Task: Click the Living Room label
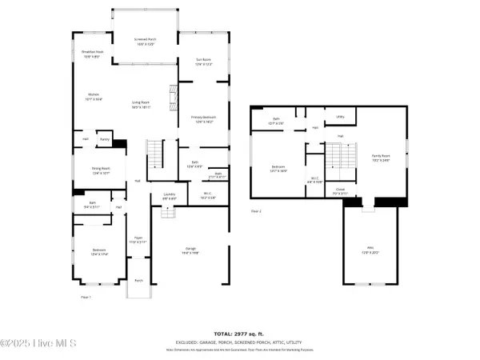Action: [142, 104]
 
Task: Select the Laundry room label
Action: [169, 195]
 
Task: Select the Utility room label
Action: [340, 117]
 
